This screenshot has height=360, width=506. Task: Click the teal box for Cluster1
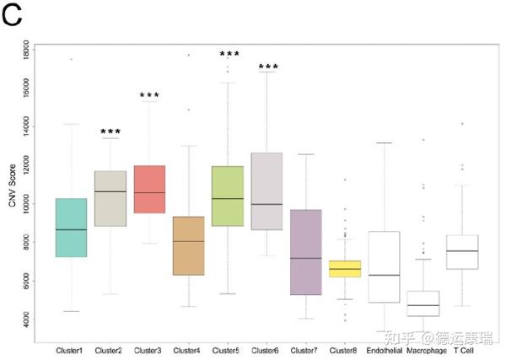(71, 228)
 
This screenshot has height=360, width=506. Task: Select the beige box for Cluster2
(110, 198)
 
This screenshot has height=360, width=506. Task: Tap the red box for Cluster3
(149, 189)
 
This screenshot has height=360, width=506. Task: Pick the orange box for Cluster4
(188, 245)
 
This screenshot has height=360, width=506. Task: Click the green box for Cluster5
(228, 196)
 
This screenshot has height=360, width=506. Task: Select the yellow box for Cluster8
(344, 268)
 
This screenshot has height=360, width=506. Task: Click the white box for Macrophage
(423, 304)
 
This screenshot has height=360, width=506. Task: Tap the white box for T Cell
(461, 252)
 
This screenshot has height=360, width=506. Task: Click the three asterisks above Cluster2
(110, 132)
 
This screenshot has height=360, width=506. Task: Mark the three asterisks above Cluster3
(149, 96)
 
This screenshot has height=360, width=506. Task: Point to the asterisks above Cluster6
(268, 67)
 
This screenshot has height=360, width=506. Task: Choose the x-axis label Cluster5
(228, 349)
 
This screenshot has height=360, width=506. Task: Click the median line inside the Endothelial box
(383, 275)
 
